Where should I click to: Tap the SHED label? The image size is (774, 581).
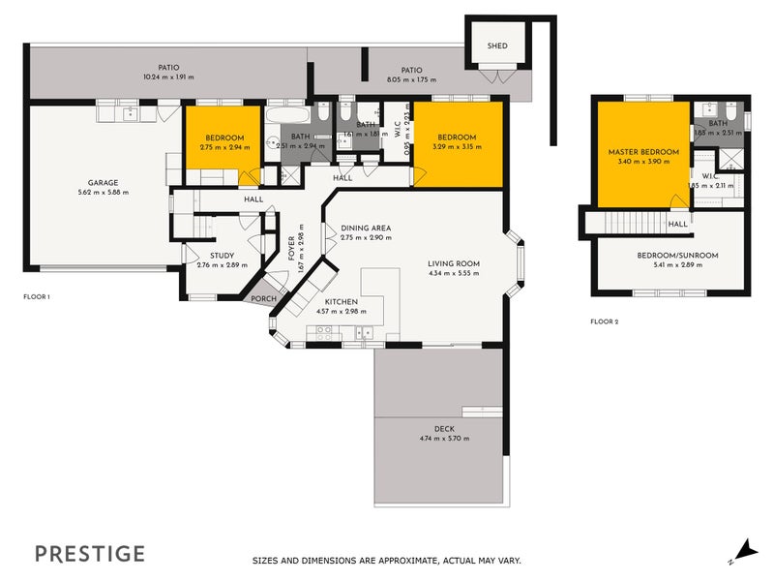(497, 46)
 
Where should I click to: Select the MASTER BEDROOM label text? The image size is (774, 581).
(643, 153)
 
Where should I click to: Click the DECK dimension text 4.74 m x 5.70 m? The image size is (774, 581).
(444, 439)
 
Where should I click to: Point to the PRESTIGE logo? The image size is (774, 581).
(90, 554)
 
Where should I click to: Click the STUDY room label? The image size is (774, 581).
(222, 255)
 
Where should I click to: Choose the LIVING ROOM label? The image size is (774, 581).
(454, 262)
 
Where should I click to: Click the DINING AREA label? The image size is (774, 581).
(365, 228)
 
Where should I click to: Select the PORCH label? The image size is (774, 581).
(263, 299)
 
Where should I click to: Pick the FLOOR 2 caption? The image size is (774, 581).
(604, 321)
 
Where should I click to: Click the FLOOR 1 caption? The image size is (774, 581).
(37, 296)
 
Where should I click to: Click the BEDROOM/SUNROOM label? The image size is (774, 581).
(676, 256)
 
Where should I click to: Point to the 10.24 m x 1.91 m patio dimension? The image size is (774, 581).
(168, 76)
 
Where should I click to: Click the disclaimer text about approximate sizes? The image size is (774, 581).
(386, 561)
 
